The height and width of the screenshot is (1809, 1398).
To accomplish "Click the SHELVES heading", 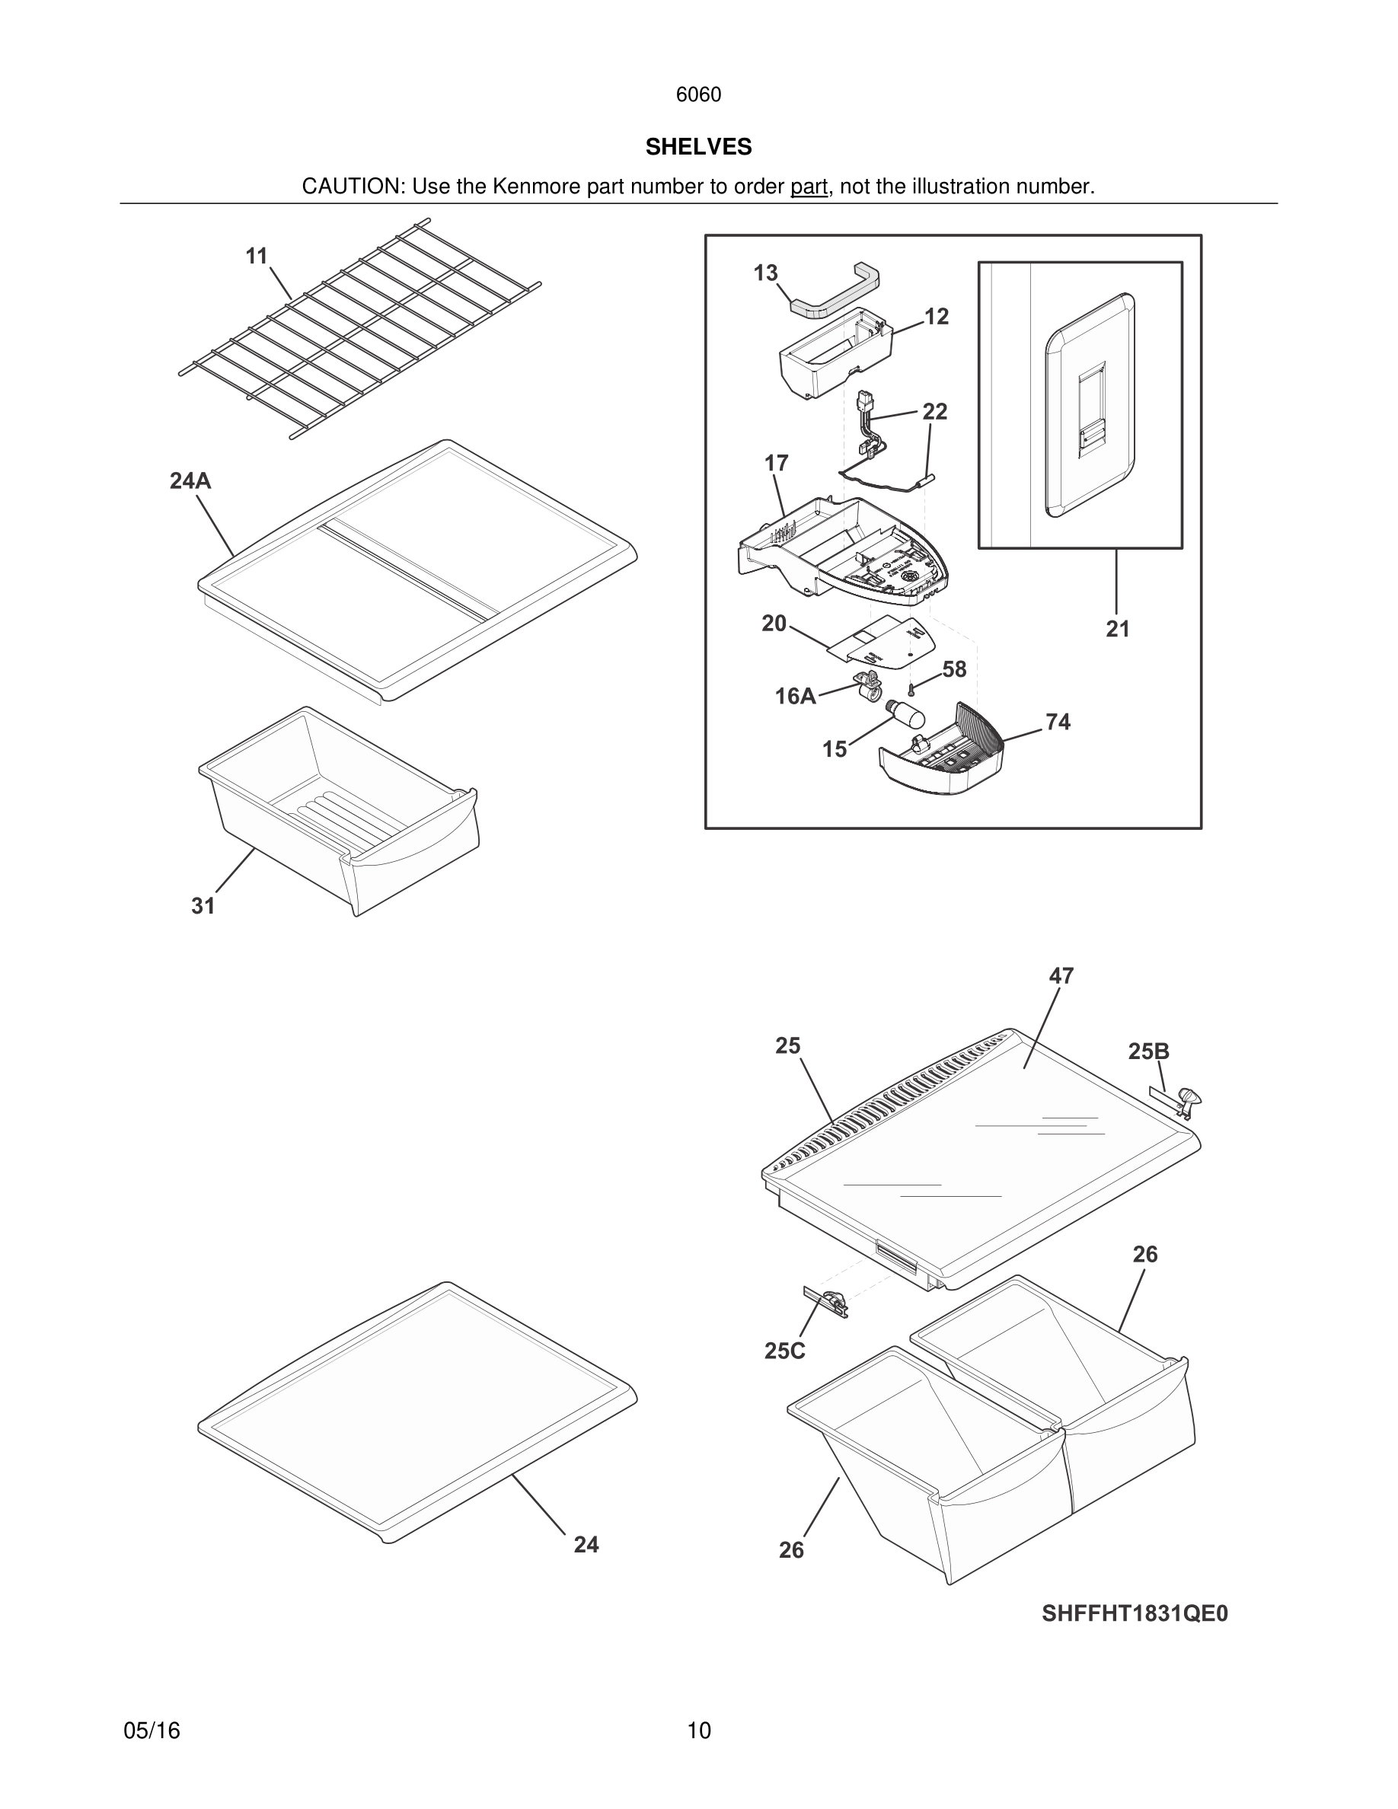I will (698, 147).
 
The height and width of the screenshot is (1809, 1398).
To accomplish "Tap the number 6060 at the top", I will (698, 94).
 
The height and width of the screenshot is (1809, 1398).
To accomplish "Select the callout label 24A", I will (190, 480).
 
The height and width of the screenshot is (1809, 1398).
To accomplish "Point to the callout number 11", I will (257, 256).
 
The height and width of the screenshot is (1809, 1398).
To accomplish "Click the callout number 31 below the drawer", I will (203, 906).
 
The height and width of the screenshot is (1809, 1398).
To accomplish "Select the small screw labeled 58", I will (911, 688).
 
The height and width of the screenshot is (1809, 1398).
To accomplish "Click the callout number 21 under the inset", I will (1117, 629).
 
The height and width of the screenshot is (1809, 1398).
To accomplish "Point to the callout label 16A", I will (795, 697).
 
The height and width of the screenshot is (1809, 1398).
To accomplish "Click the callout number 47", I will (1061, 976).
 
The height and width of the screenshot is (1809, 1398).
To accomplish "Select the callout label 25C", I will (784, 1351).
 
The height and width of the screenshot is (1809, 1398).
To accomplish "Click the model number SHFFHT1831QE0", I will (1135, 1613).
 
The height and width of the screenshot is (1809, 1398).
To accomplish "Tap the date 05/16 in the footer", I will (152, 1731).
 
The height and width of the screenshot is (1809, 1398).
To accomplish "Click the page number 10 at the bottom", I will (698, 1731).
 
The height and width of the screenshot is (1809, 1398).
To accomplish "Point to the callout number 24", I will (586, 1544).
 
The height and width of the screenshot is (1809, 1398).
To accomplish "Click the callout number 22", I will (934, 412).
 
